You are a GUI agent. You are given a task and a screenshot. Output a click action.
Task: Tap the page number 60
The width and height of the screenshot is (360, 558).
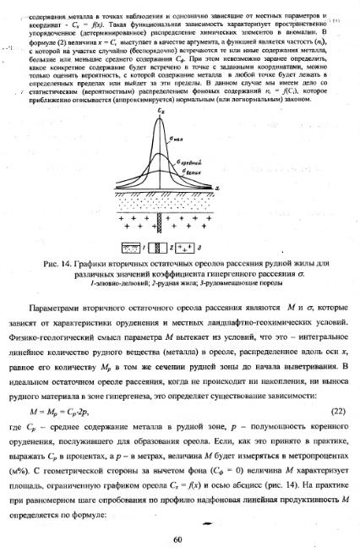[x=177, y=539]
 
